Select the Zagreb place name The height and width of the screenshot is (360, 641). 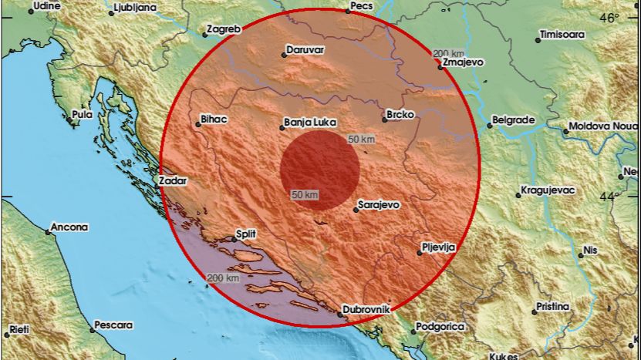225,29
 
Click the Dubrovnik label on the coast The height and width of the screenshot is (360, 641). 369,308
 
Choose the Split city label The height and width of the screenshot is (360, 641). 247,232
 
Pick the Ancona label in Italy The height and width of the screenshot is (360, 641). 70,227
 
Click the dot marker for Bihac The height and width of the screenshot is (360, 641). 197,125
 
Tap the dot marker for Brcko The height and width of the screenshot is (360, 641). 384,119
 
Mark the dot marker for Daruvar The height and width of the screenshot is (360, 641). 283,52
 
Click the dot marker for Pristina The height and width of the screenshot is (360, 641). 535,311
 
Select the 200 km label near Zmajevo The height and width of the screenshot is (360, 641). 447,53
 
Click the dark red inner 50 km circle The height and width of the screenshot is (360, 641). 319,170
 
